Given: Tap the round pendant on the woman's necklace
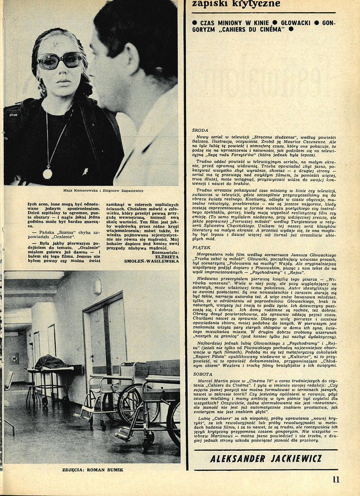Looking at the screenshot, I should [x=48, y=173].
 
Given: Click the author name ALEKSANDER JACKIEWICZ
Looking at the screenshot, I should [x=266, y=458].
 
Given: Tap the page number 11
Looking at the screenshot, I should [x=336, y=479].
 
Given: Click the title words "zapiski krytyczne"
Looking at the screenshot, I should [x=236, y=5].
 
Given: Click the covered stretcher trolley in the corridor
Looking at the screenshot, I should [x=50, y=363].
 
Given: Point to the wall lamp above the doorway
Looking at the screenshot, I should [x=97, y=287].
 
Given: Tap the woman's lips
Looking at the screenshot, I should [x=64, y=80].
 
